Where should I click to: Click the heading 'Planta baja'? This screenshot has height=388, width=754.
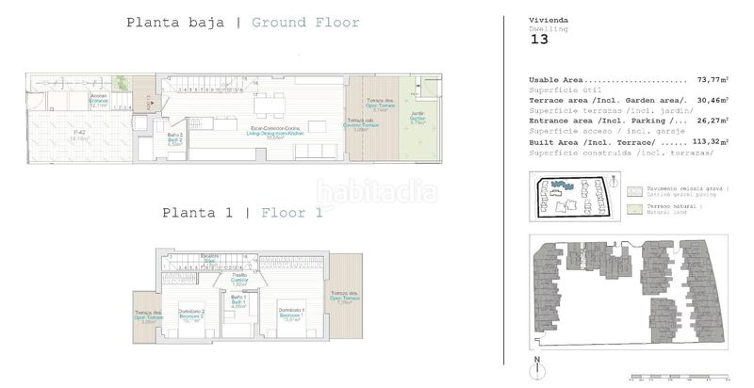[x=176, y=23]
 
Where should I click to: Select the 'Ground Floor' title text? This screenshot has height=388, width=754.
[x=305, y=23]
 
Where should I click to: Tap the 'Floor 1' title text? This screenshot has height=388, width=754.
[x=291, y=213]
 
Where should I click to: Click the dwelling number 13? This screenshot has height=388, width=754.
[x=539, y=39]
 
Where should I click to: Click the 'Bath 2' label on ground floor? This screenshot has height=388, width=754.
[x=174, y=141]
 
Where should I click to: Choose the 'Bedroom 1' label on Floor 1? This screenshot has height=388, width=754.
[x=290, y=314]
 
